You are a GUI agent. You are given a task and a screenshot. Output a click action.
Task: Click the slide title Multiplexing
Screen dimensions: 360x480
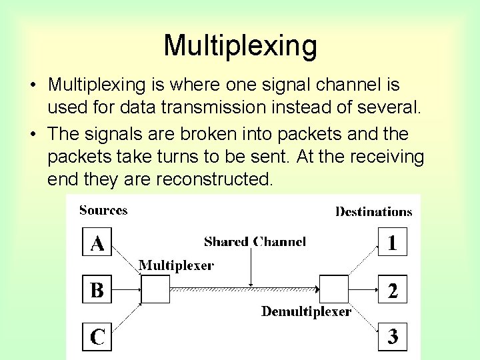click(x=240, y=46)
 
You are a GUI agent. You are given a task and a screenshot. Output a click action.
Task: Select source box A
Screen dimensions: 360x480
click(x=97, y=243)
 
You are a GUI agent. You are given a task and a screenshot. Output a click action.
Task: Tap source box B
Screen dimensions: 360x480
click(x=97, y=290)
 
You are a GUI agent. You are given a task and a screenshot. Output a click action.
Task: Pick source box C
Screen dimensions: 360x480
click(x=97, y=337)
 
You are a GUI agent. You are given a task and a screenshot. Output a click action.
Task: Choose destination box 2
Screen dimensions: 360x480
click(x=392, y=290)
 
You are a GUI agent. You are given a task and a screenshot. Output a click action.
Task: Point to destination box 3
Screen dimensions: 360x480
click(x=392, y=337)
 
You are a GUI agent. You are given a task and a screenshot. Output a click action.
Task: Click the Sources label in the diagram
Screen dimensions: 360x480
click(x=103, y=211)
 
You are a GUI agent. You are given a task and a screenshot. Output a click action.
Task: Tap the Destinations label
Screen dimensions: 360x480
click(x=373, y=212)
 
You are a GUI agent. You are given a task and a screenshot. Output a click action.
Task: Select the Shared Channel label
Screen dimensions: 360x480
click(x=255, y=241)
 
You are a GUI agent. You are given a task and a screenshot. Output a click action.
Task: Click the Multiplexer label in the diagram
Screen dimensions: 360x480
click(x=176, y=265)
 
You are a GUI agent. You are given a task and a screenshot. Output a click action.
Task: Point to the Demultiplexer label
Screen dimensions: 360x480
click(x=306, y=311)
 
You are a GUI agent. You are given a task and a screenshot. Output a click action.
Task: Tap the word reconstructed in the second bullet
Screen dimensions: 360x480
click(x=214, y=179)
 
